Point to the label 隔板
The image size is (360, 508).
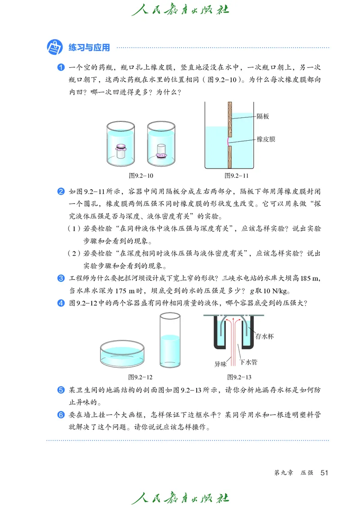point(262,116)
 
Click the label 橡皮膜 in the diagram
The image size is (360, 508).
point(265,139)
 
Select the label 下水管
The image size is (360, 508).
point(248,361)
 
